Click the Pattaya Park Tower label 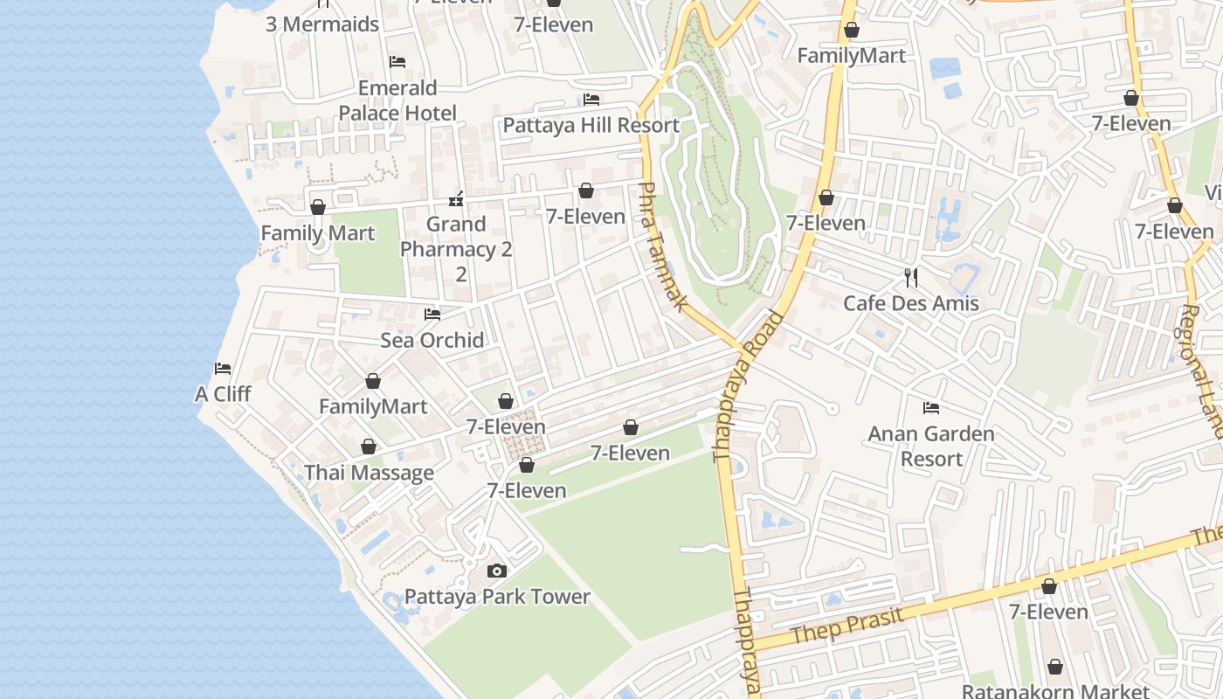[497, 597]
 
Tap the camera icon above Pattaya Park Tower [496, 571]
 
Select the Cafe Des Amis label [910, 303]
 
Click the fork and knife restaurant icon [911, 278]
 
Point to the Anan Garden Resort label [930, 446]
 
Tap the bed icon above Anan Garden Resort [931, 408]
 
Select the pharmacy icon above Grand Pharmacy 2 [456, 200]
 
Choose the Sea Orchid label [432, 340]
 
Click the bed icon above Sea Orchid [432, 315]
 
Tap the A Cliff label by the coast [223, 394]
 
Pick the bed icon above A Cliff [223, 369]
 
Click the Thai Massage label [369, 473]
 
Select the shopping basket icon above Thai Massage [369, 447]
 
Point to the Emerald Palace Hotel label [397, 100]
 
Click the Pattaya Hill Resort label [591, 125]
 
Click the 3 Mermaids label [322, 24]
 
